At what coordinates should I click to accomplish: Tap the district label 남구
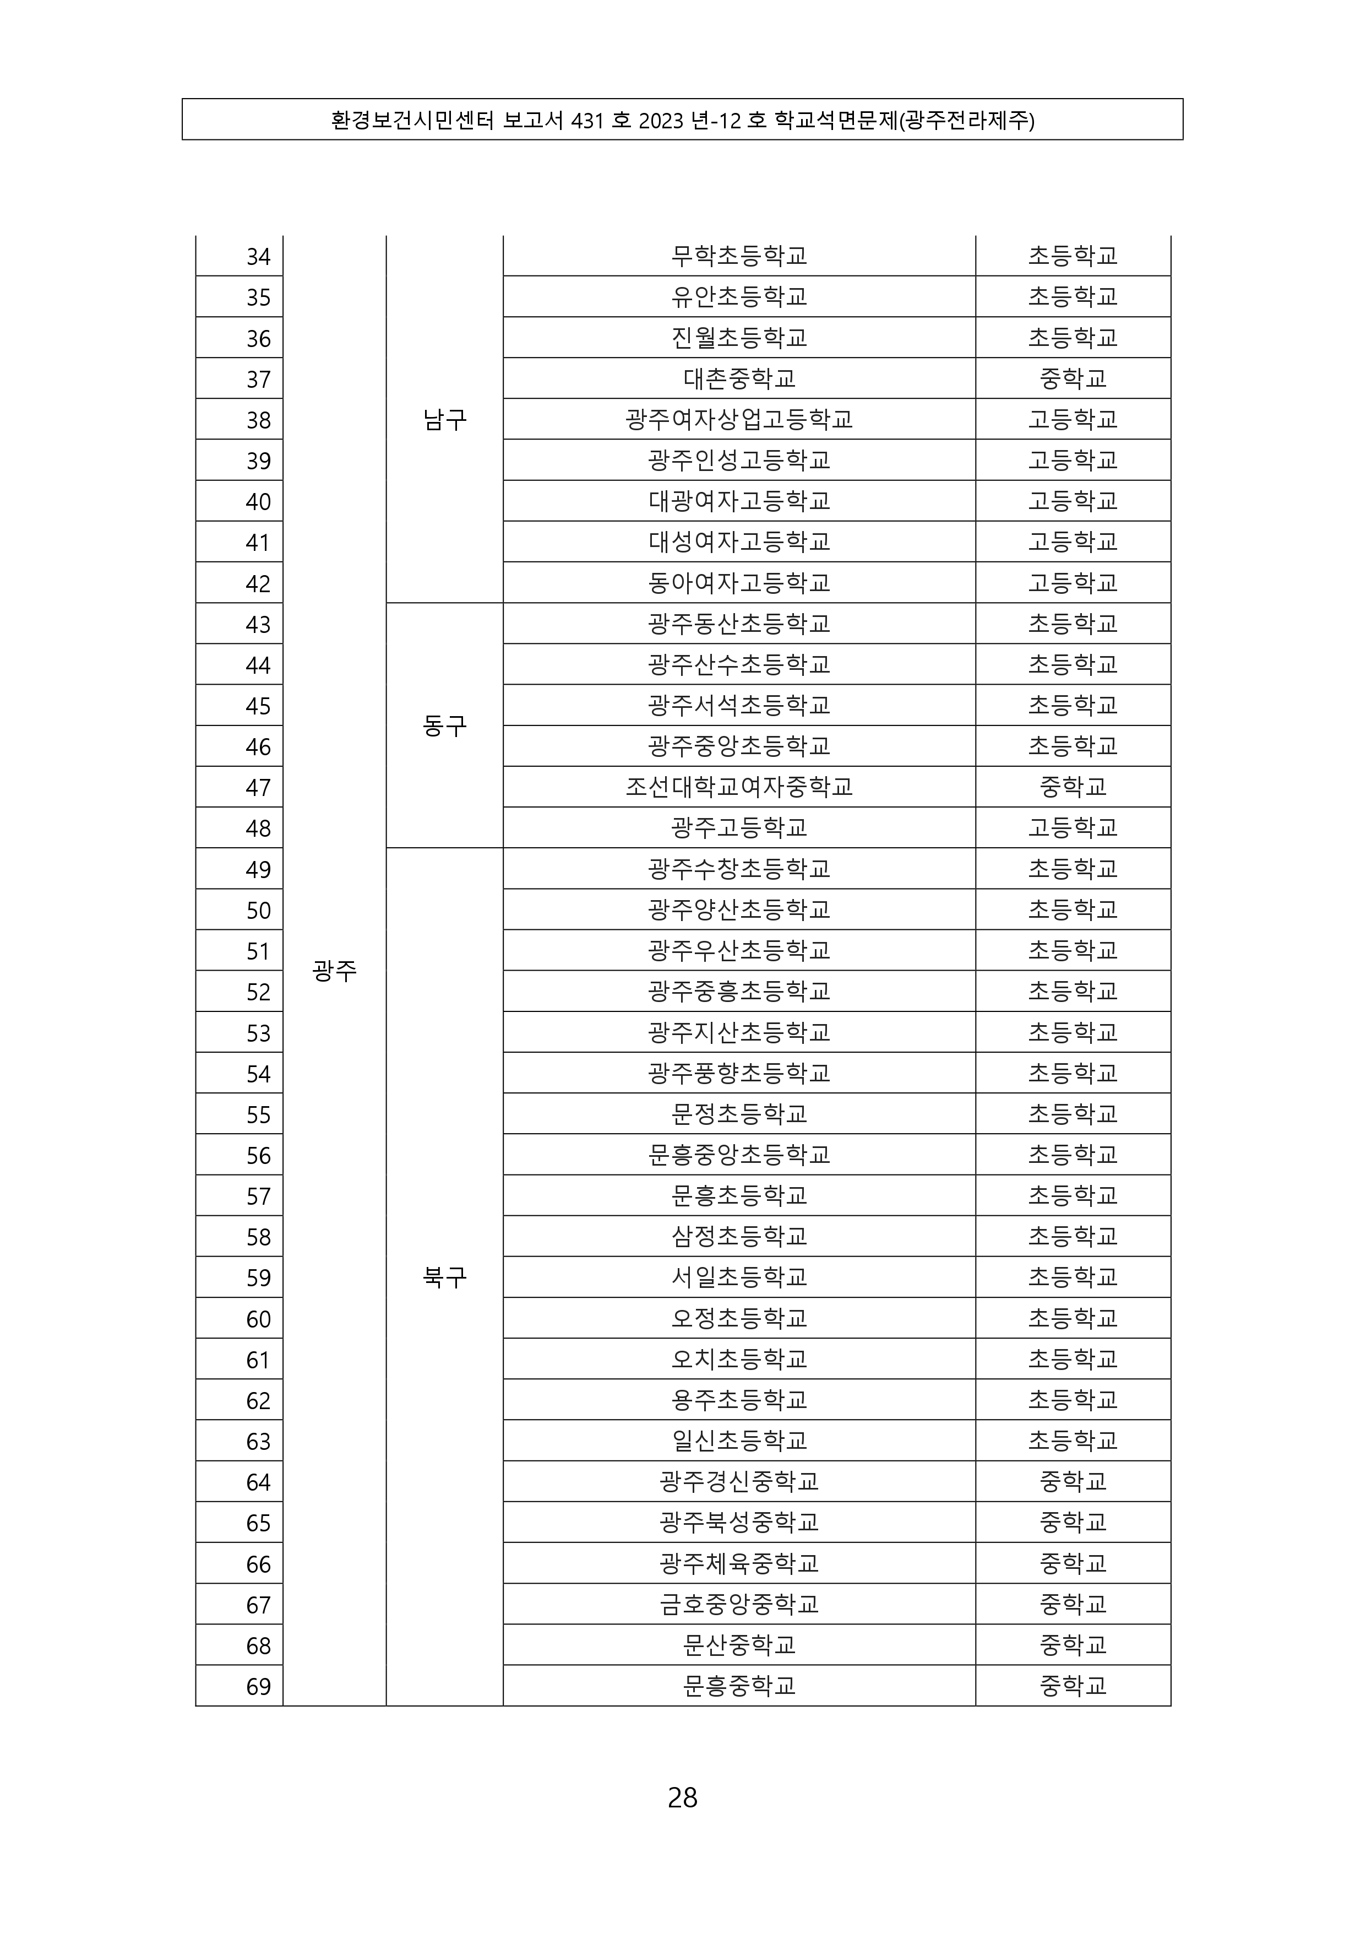[x=444, y=419]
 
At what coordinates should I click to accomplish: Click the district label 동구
[x=444, y=725]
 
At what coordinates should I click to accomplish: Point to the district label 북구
[x=444, y=1277]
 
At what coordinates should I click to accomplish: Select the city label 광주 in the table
[x=334, y=971]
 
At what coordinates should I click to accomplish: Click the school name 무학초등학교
[x=739, y=256]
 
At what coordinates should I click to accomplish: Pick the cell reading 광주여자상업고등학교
[x=739, y=419]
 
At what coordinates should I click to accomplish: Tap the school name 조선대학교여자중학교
[x=739, y=787]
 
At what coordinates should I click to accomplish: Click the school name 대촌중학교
[x=739, y=379]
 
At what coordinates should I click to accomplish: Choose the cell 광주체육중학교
[x=739, y=1563]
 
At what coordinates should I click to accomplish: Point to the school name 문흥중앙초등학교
[x=739, y=1154]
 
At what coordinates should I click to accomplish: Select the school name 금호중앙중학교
[x=739, y=1604]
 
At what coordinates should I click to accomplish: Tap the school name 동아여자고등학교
[x=739, y=583]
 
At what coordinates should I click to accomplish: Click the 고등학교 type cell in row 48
[x=1073, y=827]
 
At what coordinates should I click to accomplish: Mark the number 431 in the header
[x=587, y=121]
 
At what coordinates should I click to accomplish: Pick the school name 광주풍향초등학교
[x=739, y=1073]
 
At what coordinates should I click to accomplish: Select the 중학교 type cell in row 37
[x=1073, y=379]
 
